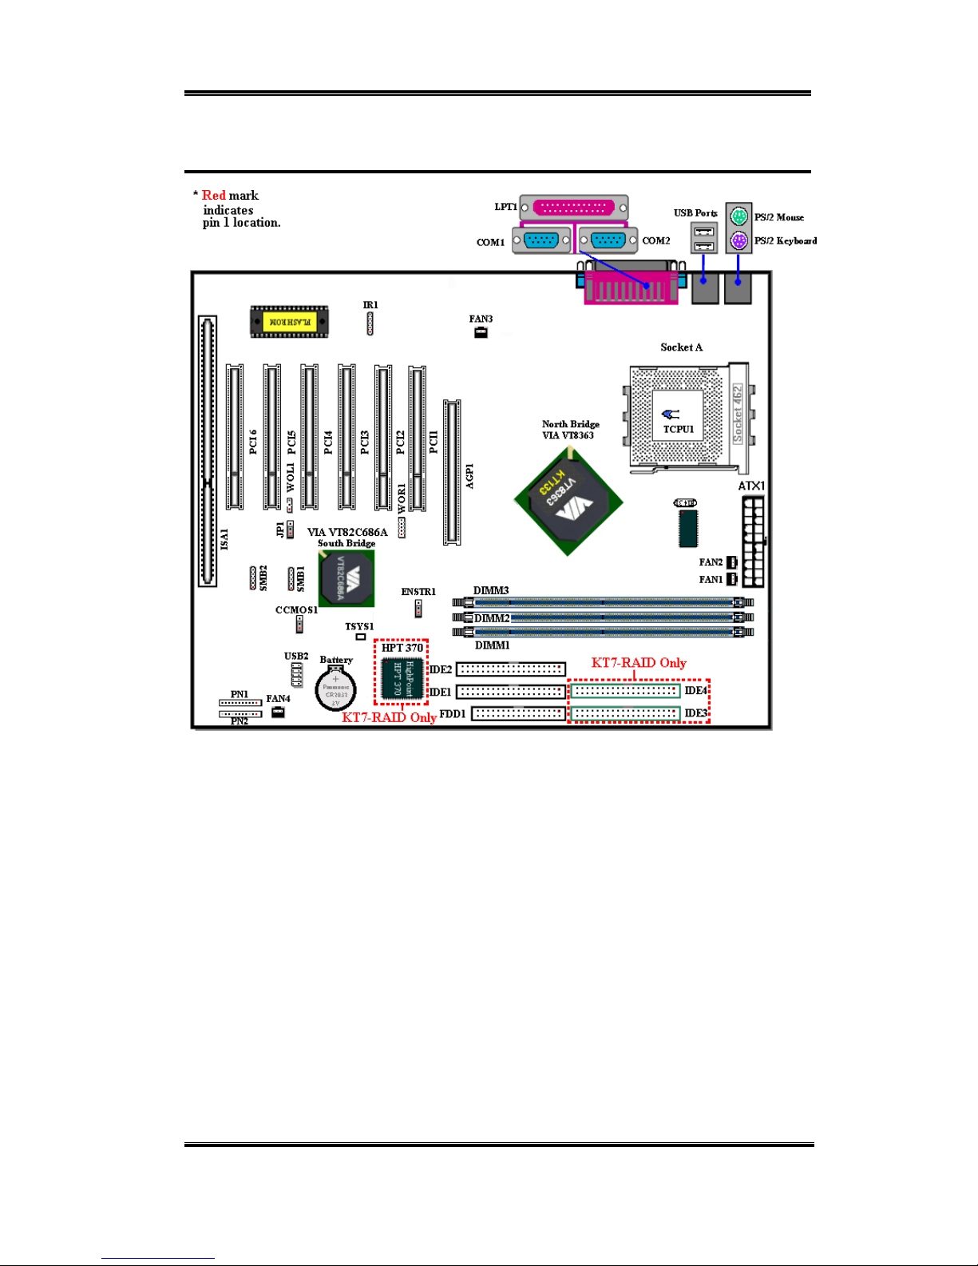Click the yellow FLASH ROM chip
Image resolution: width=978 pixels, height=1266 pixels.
(x=289, y=321)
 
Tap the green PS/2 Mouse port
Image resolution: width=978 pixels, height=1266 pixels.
(x=738, y=216)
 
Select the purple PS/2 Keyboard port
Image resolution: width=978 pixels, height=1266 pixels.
(x=738, y=240)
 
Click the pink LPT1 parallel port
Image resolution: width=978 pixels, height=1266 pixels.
(x=573, y=208)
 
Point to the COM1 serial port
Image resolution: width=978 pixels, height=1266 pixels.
(x=541, y=240)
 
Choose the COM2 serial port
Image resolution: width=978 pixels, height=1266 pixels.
(x=608, y=240)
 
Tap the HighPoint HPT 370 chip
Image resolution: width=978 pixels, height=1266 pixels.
(x=402, y=679)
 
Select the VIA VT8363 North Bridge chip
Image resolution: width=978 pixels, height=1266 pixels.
(x=568, y=501)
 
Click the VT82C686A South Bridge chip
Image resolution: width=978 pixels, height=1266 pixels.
(x=346, y=578)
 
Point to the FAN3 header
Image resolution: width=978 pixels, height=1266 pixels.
(x=481, y=332)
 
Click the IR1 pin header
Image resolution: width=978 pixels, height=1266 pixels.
(x=370, y=323)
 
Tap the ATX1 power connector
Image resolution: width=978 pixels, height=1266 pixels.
(x=752, y=542)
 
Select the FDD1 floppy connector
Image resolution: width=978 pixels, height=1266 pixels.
(x=518, y=713)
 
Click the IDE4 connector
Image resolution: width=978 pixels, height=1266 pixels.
(x=625, y=690)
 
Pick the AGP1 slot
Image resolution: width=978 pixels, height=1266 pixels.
(x=452, y=472)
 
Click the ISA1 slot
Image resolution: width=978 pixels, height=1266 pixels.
(x=208, y=451)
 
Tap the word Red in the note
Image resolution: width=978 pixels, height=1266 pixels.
(x=213, y=196)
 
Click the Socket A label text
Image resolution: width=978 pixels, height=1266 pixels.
(x=681, y=347)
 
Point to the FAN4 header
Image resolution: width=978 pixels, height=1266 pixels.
(x=278, y=712)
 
